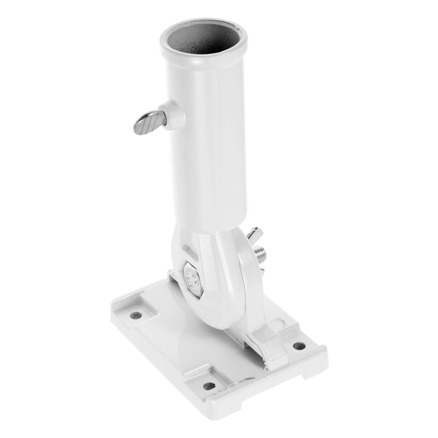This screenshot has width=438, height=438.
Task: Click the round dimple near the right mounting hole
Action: [279, 324]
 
